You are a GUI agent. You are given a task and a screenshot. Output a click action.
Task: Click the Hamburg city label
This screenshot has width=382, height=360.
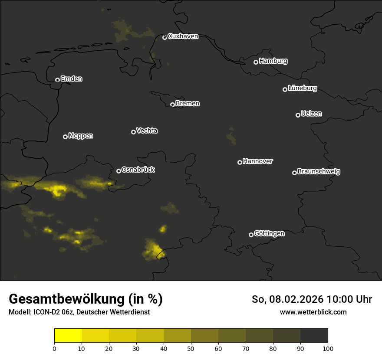coord(273,61)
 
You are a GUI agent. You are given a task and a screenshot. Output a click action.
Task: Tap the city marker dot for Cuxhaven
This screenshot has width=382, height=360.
coord(165,37)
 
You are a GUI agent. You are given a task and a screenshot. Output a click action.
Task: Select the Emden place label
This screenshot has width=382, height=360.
coord(71,79)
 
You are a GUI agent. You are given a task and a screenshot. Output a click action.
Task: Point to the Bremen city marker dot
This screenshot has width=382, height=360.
coord(172,105)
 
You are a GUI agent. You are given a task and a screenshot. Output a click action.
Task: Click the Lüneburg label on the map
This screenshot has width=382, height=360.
coord(302,88)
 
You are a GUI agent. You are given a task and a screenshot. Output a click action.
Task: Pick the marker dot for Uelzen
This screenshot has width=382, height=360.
coord(298,115)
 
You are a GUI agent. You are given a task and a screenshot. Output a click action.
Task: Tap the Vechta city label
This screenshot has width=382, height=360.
coord(147,131)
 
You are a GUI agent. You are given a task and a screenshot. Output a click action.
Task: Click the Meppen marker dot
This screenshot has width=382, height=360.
coord(65,137)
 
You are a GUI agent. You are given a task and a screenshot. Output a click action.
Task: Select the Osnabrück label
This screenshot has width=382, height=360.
coord(138,170)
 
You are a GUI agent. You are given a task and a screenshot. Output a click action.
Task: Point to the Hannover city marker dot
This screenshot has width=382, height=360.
coord(240,162)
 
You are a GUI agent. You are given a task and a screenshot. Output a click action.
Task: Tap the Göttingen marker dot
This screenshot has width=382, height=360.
coord(251,235)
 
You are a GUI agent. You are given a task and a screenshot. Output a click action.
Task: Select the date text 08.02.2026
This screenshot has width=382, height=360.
coord(296,299)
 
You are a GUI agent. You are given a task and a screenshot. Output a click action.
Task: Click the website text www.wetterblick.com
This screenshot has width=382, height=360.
coord(313,312)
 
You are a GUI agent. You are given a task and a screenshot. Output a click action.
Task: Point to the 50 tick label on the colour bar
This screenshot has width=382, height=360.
coord(191,348)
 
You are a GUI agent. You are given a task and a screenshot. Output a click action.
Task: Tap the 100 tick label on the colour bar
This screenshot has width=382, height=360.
coord(328,348)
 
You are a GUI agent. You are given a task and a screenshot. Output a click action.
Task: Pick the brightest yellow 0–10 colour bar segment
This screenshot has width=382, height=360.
coord(68,336)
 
